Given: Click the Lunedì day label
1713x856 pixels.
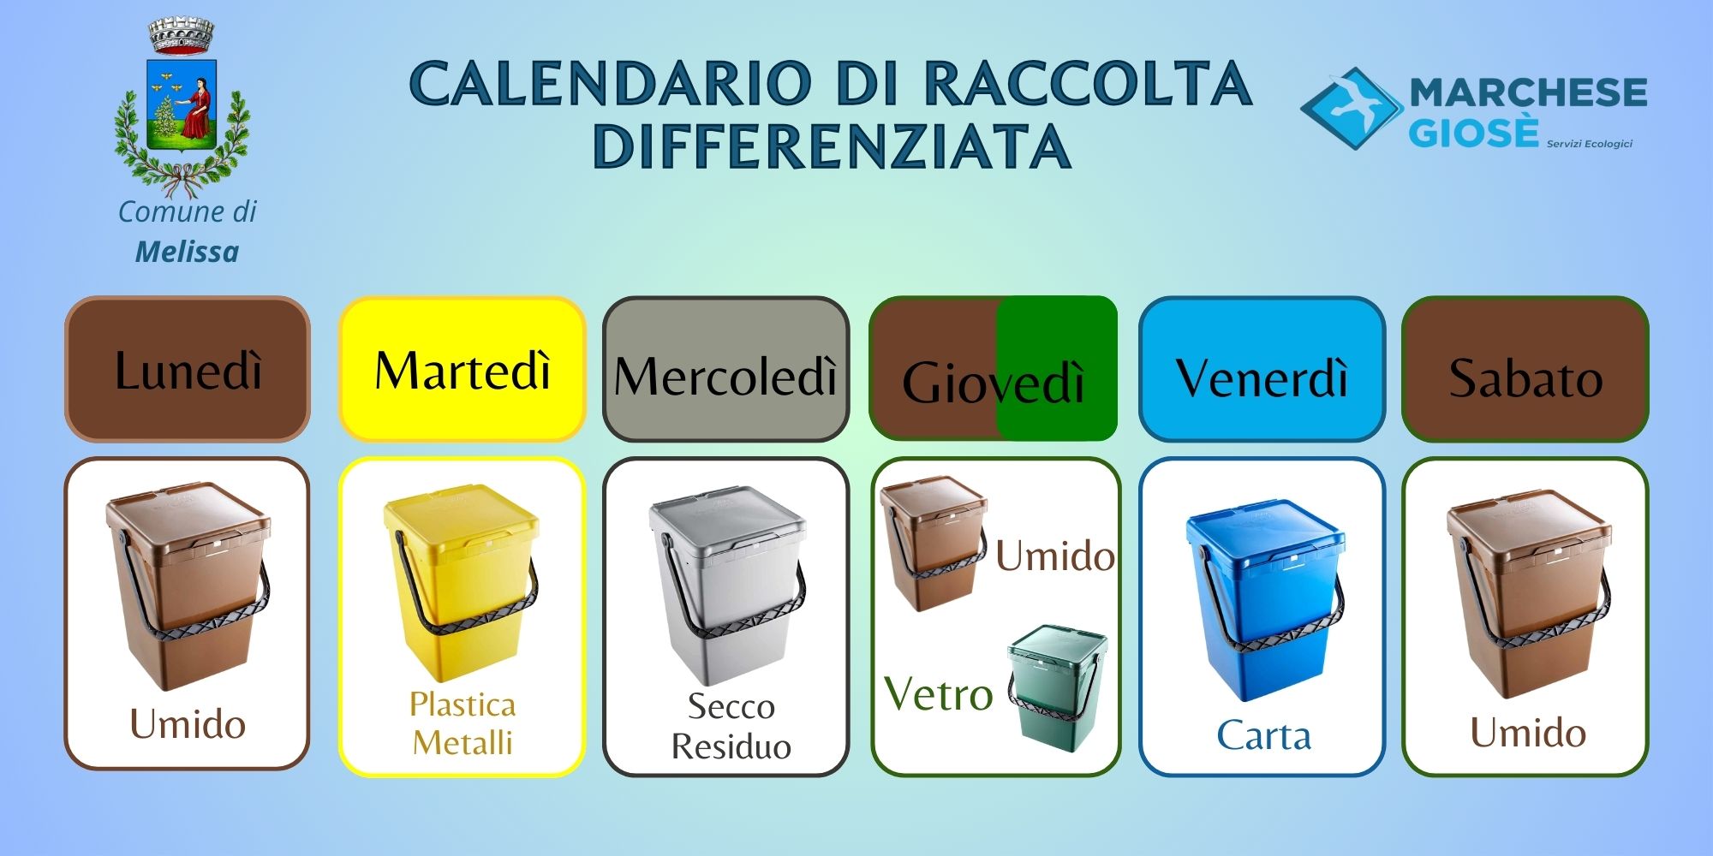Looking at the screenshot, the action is coord(188,369).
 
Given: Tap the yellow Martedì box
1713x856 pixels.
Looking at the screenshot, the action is coord(463,369).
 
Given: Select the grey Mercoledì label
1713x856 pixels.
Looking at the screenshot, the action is coord(726,369).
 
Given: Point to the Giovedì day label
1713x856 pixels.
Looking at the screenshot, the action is coord(994,369).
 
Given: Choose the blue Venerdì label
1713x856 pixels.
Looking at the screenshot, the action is coord(1262,369).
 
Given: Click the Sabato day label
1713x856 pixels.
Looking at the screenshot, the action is coord(1525,369).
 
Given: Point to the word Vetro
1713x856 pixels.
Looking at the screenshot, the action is coord(939,693).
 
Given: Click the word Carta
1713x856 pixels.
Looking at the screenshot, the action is coord(1264,735).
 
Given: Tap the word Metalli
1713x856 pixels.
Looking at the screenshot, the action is coord(463,742).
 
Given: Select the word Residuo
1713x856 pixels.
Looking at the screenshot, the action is coord(731,746).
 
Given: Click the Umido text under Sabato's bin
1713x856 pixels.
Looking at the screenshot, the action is coord(1528,733).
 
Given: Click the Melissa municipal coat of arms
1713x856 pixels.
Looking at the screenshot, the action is coord(182,106).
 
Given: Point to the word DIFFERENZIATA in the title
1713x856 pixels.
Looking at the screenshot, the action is coord(832,146).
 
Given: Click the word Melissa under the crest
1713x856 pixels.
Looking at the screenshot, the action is coord(187,252).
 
